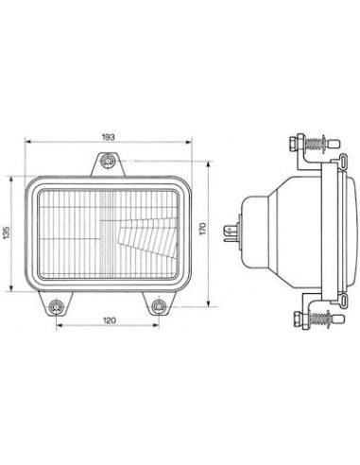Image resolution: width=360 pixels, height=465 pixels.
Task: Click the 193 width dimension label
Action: (x=108, y=137)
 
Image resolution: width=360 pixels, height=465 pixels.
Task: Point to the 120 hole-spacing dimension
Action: (x=110, y=320)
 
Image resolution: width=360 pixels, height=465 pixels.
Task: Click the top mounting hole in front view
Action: (x=109, y=164)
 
